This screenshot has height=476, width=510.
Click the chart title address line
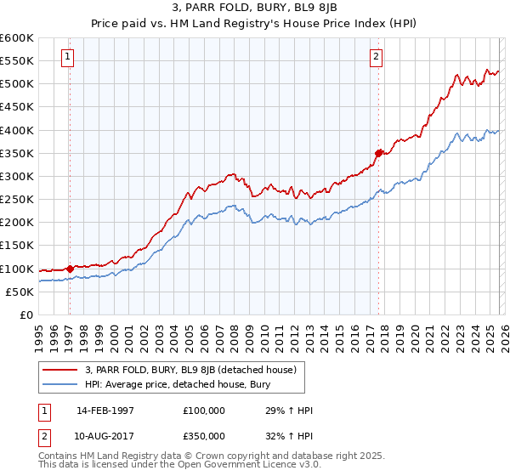click(254, 11)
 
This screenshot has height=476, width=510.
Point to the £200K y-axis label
click(16, 223)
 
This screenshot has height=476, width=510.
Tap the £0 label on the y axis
click(25, 314)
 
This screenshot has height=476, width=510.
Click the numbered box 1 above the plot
click(67, 58)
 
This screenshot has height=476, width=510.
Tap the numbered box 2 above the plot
click(376, 58)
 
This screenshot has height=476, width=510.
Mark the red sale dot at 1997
click(70, 269)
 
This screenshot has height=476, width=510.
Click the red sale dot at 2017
click(379, 153)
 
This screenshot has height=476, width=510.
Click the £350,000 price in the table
click(203, 436)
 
